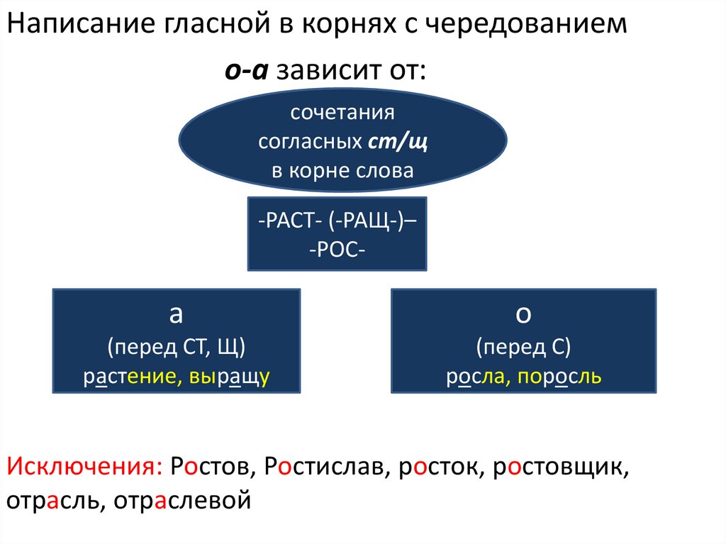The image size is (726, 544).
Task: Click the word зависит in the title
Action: pyautogui.click(x=323, y=71)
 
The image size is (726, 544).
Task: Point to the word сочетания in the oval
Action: pyautogui.click(x=342, y=113)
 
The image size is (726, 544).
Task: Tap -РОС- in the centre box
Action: pyautogui.click(x=337, y=250)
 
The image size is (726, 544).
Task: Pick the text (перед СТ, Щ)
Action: pyautogui.click(x=177, y=348)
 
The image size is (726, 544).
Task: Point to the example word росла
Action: pyautogui.click(x=472, y=377)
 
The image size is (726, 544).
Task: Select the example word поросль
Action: pyautogui.click(x=559, y=377)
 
